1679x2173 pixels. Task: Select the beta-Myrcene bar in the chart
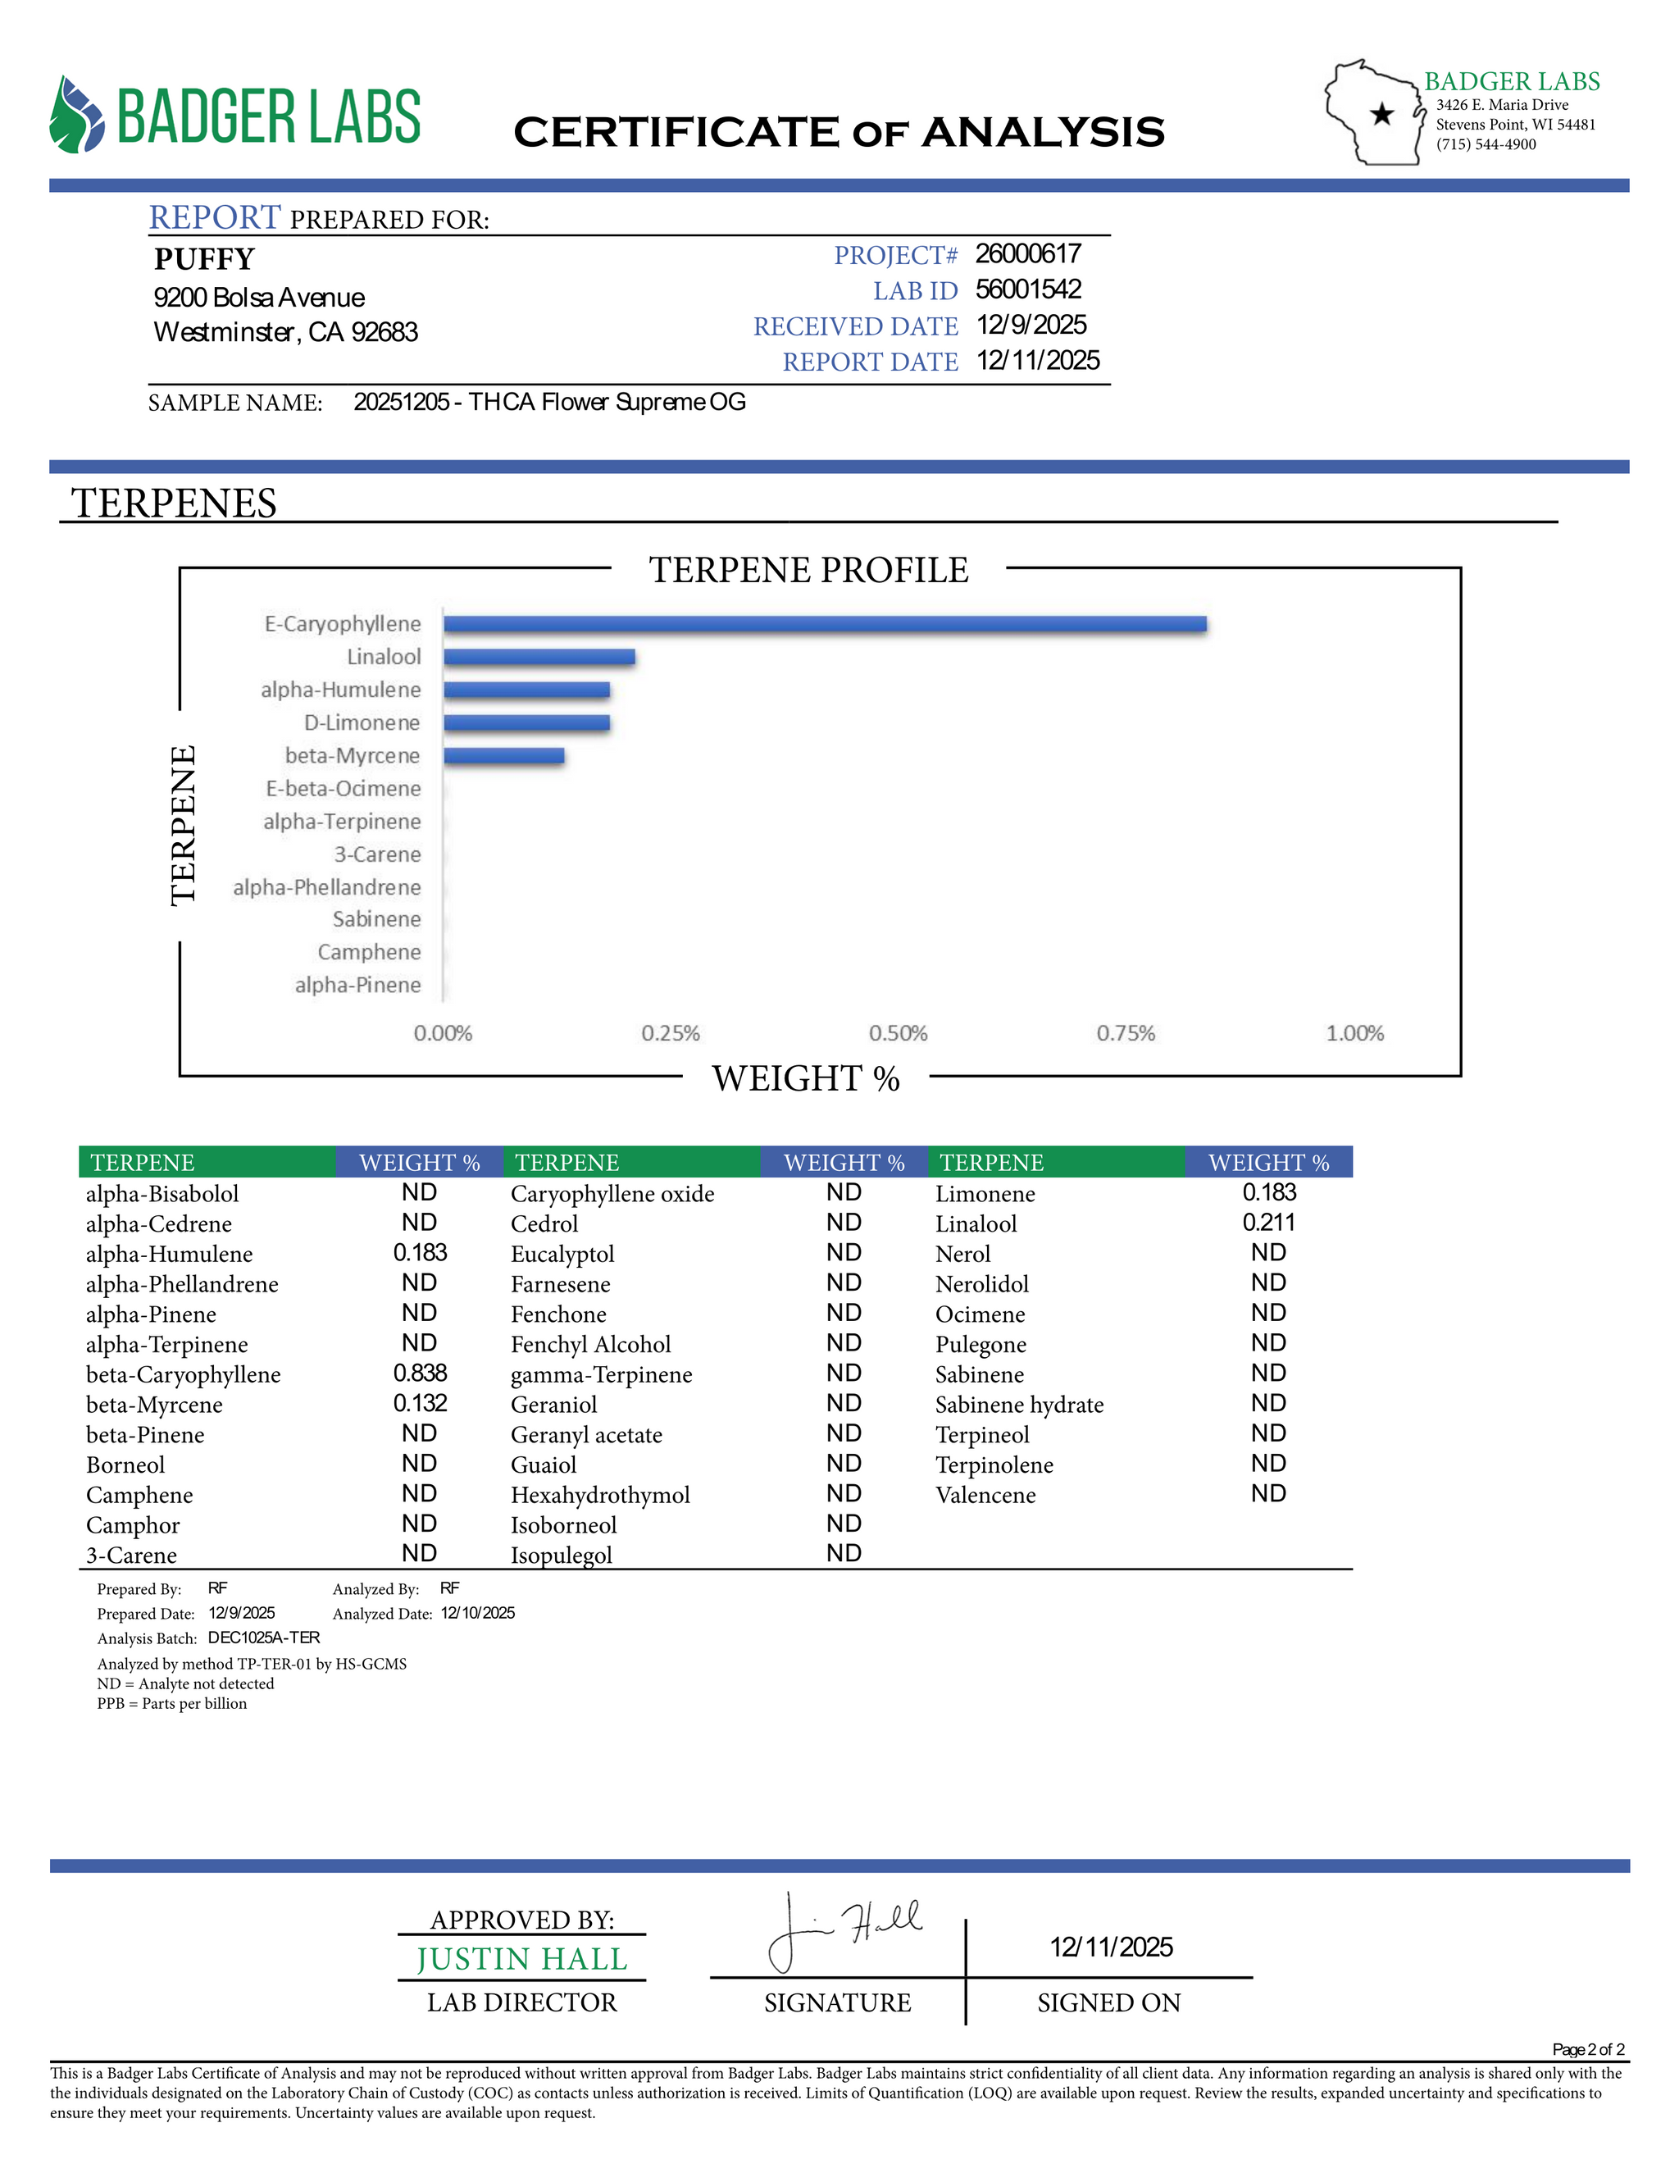tap(503, 755)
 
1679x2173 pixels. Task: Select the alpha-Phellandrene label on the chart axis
tap(326, 886)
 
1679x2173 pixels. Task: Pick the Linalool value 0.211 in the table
tap(1268, 1222)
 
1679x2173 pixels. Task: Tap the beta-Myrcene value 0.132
tap(420, 1403)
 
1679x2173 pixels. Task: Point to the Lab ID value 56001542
tap(1027, 289)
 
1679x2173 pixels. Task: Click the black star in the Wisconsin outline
tap(1381, 115)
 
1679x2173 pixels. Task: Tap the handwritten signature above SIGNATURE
tap(845, 1930)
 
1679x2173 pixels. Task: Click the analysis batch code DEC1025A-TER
tap(264, 1637)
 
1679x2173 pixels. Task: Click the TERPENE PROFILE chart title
tap(808, 570)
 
